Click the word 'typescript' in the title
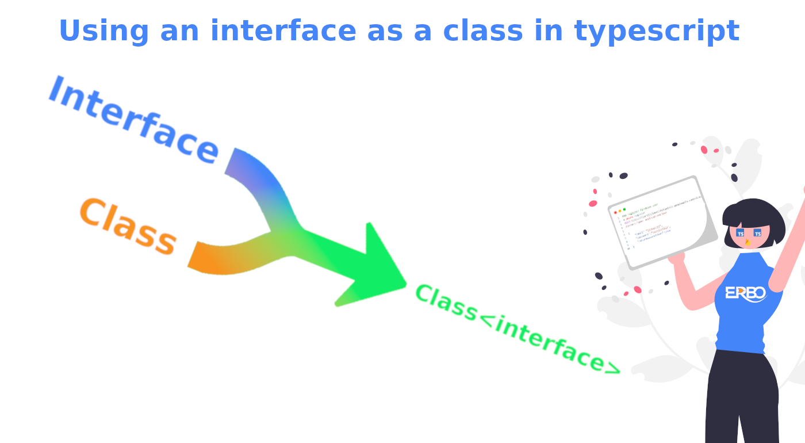(x=656, y=32)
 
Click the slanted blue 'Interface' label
(x=133, y=121)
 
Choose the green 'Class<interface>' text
(x=516, y=329)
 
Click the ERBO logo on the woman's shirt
(x=745, y=293)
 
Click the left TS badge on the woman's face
(x=740, y=233)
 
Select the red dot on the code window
(x=615, y=212)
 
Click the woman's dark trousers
(x=742, y=397)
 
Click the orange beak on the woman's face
(x=747, y=242)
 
